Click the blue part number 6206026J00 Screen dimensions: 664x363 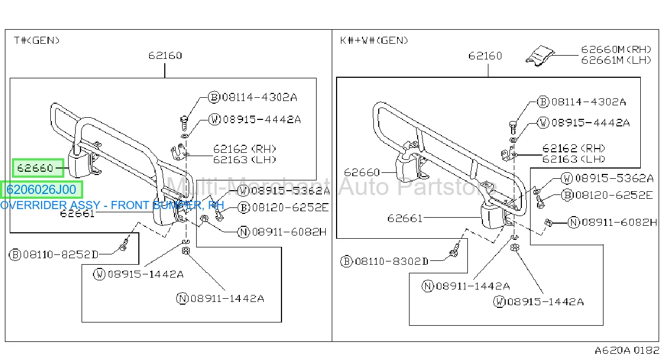pos(41,190)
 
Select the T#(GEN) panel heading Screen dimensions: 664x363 pos(37,40)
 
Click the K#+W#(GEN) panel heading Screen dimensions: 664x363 pos(374,40)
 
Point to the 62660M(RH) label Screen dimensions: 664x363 pos(616,49)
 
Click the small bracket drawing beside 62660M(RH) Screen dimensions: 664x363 pos(540,56)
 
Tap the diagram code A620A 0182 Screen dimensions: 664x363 pos(627,350)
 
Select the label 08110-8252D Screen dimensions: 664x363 pos(61,254)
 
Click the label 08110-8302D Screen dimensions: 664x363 pos(392,261)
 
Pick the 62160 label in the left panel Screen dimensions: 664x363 pos(165,56)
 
